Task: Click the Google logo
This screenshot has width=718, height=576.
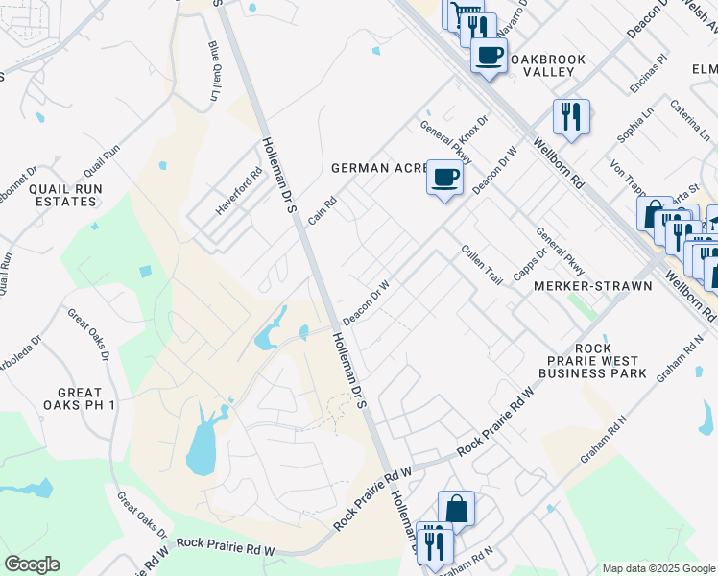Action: point(32,564)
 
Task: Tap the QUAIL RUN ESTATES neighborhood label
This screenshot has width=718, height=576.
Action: point(63,195)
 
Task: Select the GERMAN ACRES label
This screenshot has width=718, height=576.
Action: point(378,168)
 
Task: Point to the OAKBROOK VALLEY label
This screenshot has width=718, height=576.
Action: point(547,67)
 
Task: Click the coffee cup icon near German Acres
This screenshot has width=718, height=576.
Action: point(444,178)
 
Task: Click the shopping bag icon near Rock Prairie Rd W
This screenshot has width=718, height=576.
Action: point(456,509)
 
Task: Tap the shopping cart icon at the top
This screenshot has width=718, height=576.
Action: point(464,13)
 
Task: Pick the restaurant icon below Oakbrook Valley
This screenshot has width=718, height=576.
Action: point(571,117)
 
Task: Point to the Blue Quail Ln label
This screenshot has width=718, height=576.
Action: point(213,71)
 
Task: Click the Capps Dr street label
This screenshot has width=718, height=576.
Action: point(524,264)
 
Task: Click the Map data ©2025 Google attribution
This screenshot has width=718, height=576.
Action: point(658,568)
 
